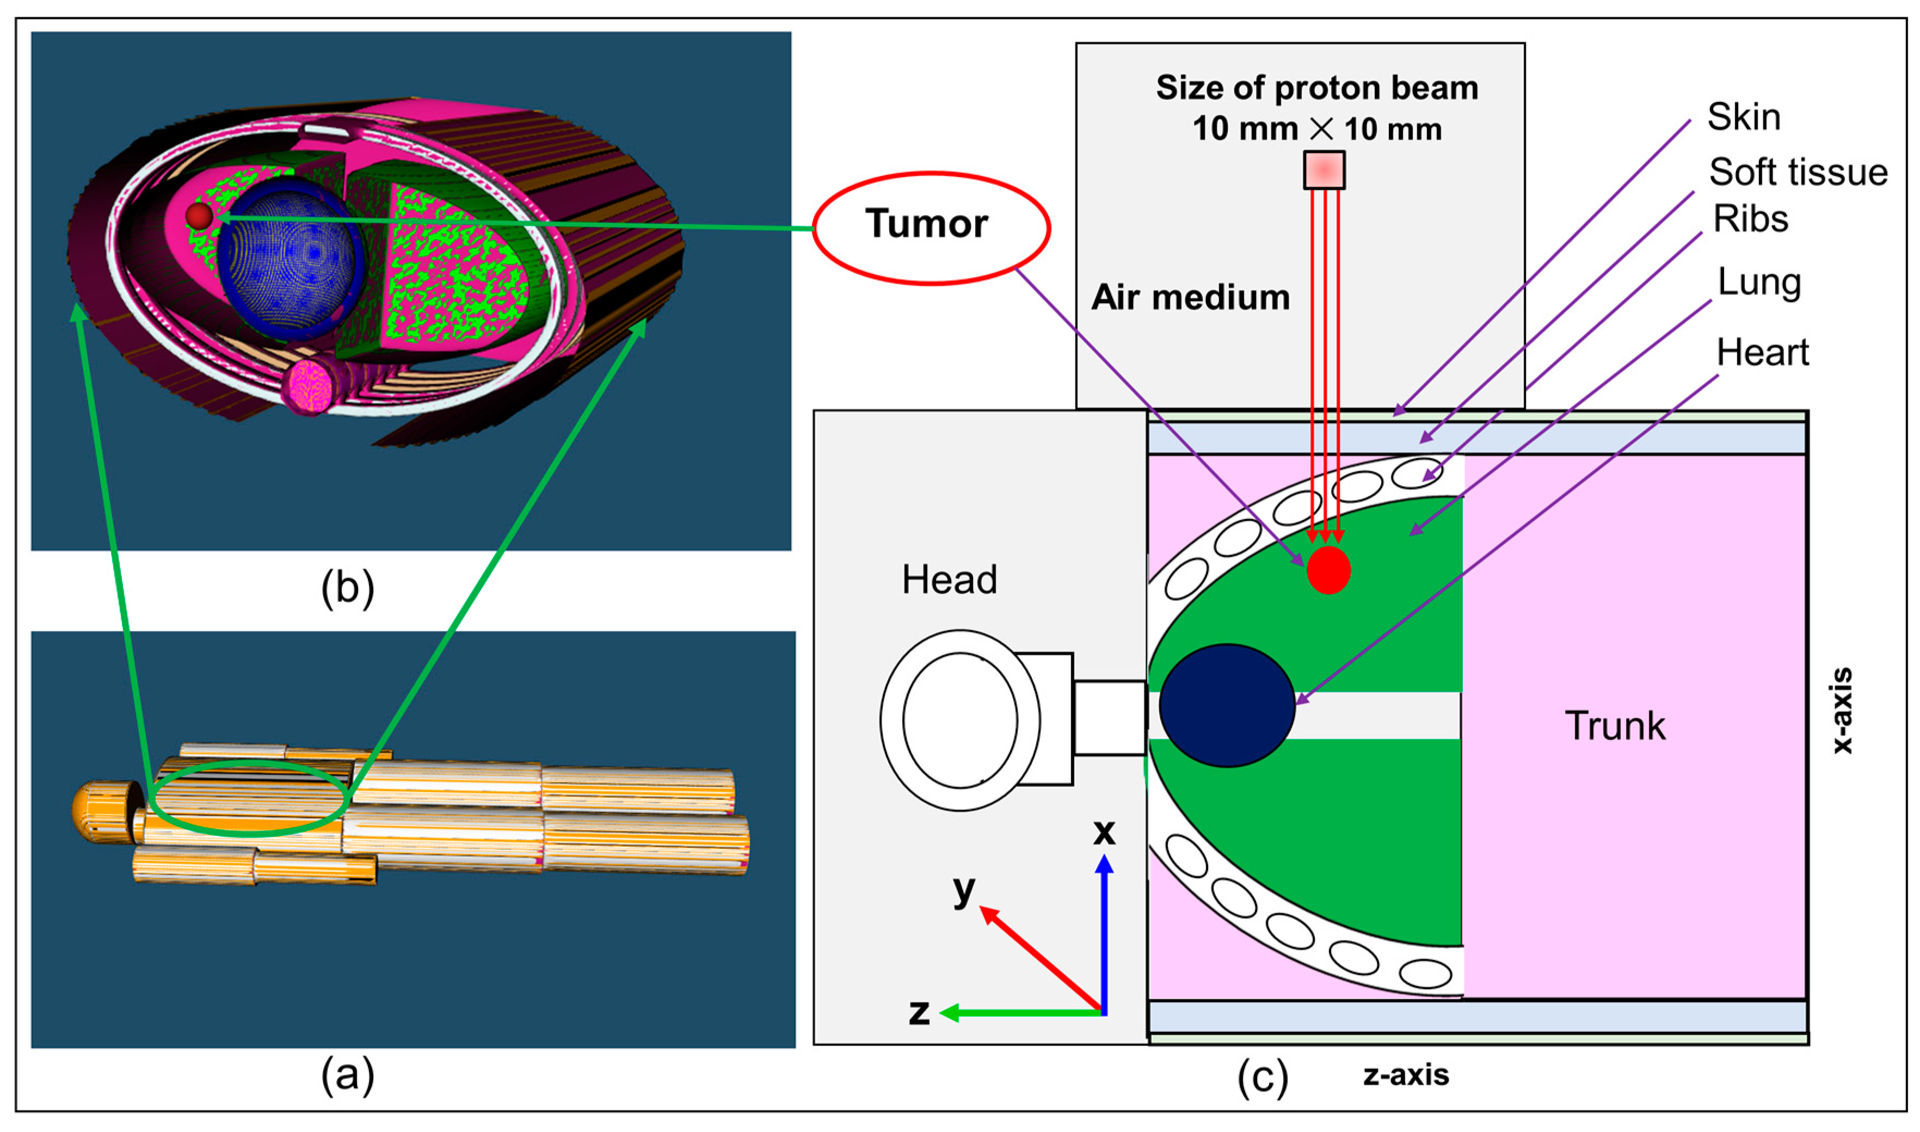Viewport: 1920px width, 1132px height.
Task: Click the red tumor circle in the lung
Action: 1328,570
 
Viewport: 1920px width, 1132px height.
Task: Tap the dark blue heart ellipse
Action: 1227,705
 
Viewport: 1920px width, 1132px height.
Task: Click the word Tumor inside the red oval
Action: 926,224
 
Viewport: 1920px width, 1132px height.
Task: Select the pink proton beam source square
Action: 1324,169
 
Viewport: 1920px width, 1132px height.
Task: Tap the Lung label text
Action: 1759,283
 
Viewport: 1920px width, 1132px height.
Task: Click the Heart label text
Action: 1762,353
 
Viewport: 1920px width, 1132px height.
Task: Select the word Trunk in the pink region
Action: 1615,725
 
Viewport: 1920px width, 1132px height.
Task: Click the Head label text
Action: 949,580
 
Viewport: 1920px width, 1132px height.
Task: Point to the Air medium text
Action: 1190,297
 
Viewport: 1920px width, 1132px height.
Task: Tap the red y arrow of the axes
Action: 1037,957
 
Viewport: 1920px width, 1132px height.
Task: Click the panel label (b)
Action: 347,588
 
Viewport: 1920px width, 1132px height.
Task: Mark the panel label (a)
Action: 347,1075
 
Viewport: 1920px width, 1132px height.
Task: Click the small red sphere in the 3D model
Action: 199,216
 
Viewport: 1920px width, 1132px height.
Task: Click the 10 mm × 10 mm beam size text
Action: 1316,129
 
